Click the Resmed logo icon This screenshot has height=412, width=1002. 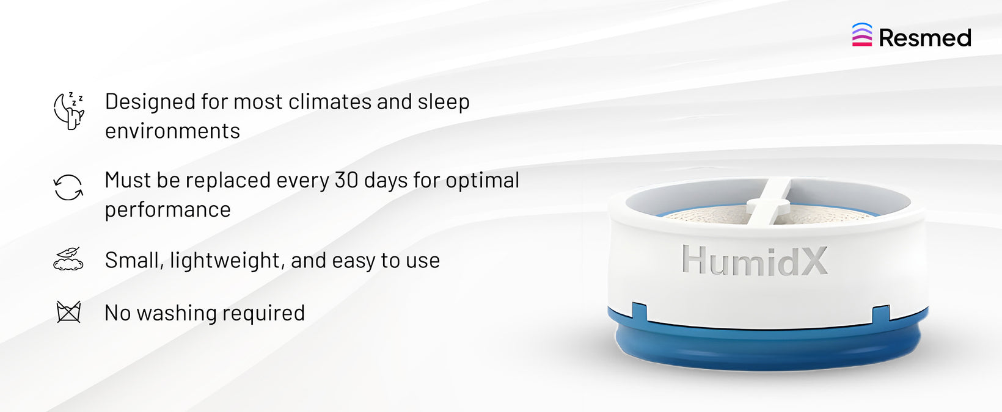[x=861, y=34]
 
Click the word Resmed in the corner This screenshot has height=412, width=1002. [x=925, y=37]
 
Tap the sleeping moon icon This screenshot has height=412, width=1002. [x=68, y=111]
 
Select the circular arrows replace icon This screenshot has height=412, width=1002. [x=68, y=187]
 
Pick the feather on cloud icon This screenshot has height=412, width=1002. [x=68, y=259]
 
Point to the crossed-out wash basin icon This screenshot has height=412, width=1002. [x=68, y=312]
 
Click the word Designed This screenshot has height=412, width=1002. [x=150, y=103]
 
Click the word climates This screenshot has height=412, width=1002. [x=330, y=101]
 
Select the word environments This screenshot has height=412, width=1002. [x=172, y=131]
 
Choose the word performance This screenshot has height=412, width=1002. [x=168, y=210]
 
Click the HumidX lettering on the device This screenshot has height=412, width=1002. [x=755, y=260]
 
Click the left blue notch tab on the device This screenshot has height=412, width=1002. [x=640, y=311]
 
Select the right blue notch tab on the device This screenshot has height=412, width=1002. [x=881, y=313]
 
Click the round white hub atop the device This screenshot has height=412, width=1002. [x=768, y=207]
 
